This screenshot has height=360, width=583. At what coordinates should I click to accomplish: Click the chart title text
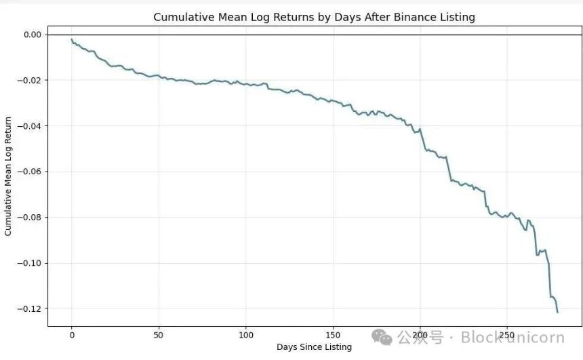pos(315,17)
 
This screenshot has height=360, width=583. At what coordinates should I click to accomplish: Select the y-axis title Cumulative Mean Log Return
pos(8,176)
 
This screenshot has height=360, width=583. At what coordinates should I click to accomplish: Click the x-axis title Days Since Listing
pos(314,347)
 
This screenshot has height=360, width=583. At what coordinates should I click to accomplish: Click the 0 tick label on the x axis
pos(71,335)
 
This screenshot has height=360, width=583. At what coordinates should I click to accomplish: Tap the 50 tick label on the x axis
pos(159,335)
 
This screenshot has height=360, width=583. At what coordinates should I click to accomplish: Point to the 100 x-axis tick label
pos(245,335)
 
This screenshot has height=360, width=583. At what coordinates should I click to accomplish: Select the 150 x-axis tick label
pos(333,335)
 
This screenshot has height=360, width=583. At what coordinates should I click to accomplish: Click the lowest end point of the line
pos(557,312)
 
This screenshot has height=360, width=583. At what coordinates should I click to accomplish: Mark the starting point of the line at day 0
pos(71,39)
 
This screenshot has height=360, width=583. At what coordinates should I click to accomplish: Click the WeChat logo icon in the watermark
pos(383,337)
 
